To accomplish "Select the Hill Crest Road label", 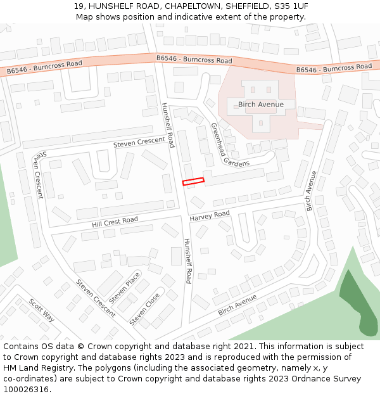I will (x=115, y=222).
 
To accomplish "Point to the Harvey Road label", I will (x=210, y=216).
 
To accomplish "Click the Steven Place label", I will (x=125, y=288).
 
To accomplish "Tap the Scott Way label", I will (x=42, y=310).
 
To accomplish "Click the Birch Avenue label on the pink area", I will (x=260, y=105).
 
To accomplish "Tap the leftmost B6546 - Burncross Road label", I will (x=41, y=67).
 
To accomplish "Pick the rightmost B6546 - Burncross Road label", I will (x=334, y=67).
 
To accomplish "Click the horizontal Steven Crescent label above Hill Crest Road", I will (x=139, y=142).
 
